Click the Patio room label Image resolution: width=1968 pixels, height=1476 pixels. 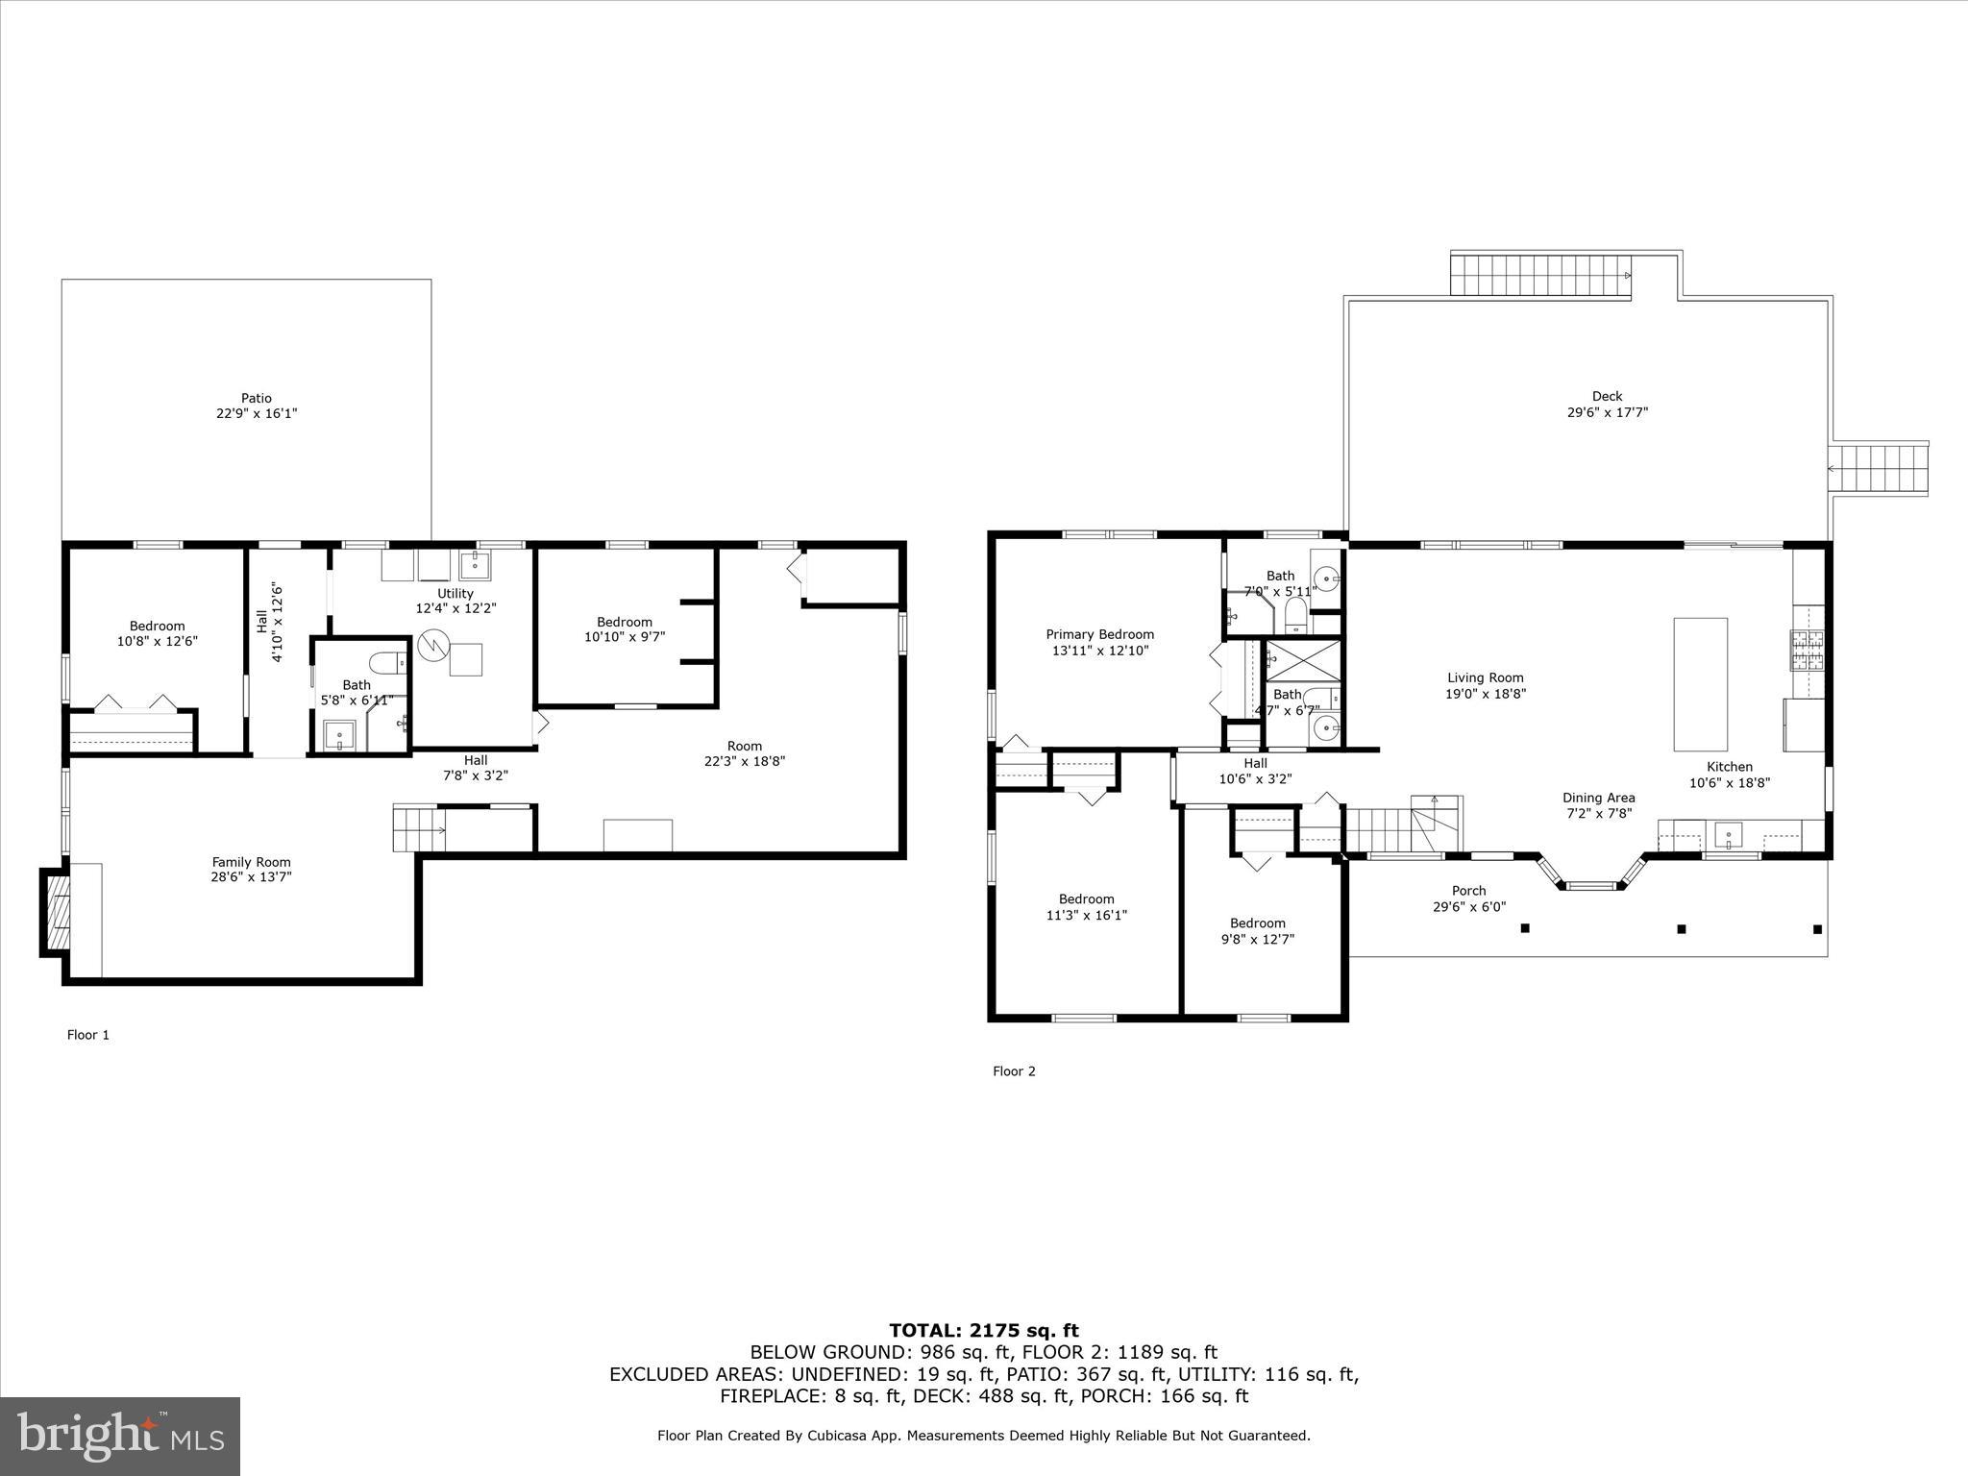(x=256, y=398)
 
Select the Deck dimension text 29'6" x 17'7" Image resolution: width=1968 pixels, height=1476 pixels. (x=1607, y=412)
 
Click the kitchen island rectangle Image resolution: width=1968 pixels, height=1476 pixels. (x=1700, y=684)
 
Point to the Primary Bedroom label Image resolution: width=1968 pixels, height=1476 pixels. (x=1099, y=634)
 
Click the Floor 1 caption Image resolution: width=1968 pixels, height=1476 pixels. (x=87, y=1035)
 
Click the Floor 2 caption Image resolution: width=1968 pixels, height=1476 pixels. (x=1014, y=1071)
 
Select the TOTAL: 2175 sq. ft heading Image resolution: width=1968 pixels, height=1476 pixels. (x=983, y=1330)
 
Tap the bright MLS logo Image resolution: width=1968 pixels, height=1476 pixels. (x=120, y=1437)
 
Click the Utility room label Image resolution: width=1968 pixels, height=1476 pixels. (x=455, y=593)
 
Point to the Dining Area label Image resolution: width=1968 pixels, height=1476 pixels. (x=1598, y=798)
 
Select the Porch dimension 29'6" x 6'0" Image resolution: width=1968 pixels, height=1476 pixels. (x=1468, y=906)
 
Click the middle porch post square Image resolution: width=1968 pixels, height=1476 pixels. (x=1681, y=928)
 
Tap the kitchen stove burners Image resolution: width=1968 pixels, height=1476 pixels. (x=1806, y=650)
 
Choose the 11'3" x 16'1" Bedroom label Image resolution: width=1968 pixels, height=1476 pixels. (x=1086, y=899)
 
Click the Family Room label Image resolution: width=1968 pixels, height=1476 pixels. (x=251, y=862)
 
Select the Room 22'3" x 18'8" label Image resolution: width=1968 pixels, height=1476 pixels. (x=744, y=746)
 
